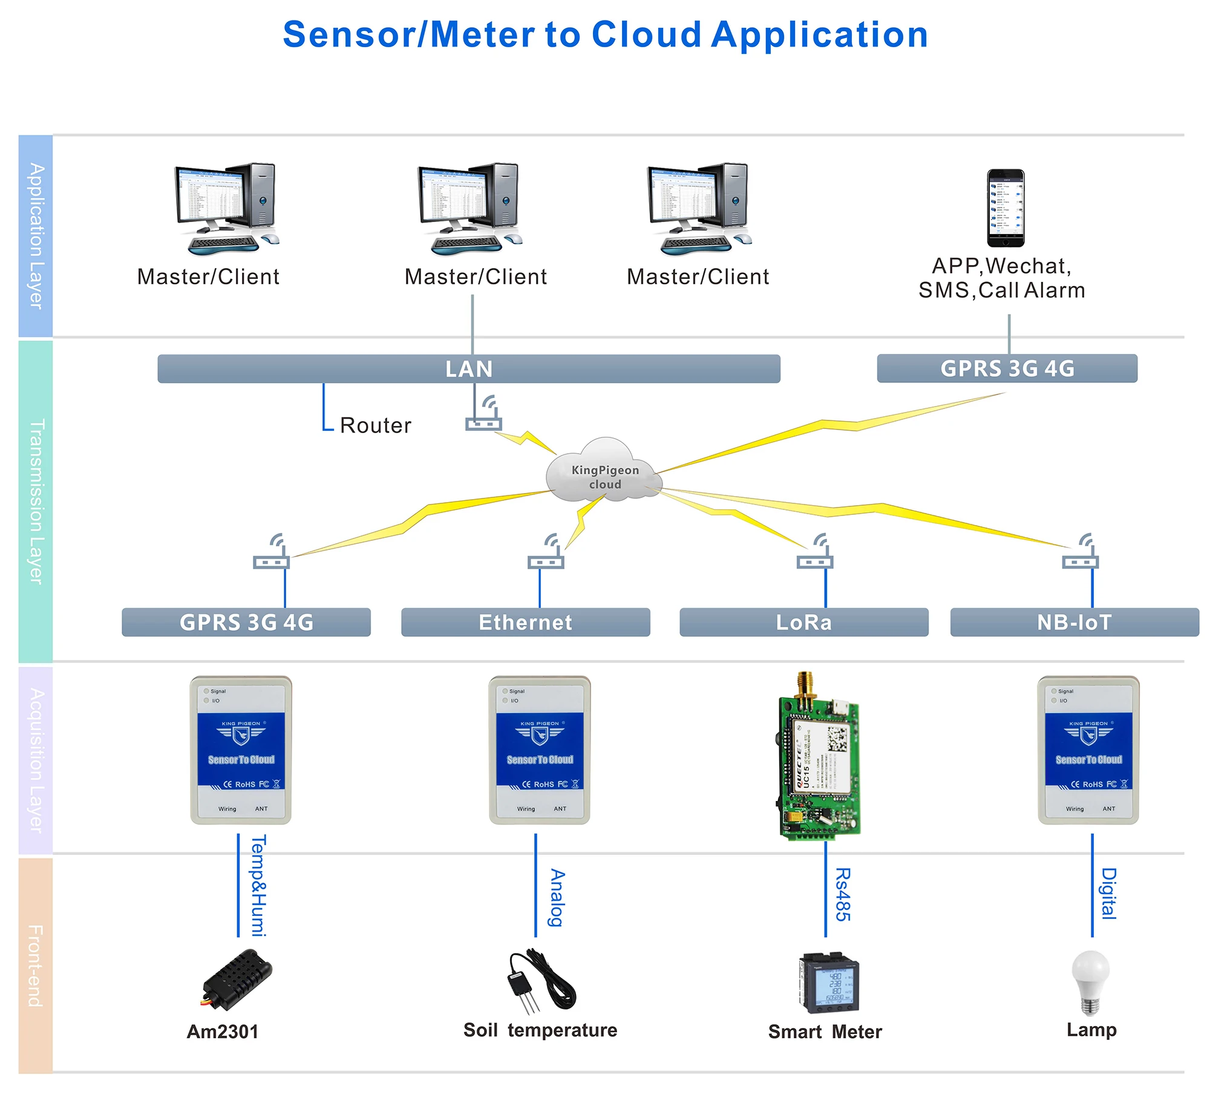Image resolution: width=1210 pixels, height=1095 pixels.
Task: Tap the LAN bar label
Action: pyautogui.click(x=469, y=368)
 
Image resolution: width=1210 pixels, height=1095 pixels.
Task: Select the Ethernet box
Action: pyautogui.click(x=525, y=622)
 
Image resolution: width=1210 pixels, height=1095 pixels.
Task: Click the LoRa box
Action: pyautogui.click(x=803, y=622)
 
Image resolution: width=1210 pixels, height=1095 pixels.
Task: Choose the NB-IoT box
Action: pyautogui.click(x=1074, y=622)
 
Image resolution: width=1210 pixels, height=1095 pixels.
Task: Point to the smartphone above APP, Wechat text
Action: pyautogui.click(x=1006, y=208)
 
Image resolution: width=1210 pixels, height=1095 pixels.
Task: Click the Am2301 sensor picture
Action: pyautogui.click(x=237, y=979)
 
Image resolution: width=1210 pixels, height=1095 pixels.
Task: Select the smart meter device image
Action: pyautogui.click(x=829, y=982)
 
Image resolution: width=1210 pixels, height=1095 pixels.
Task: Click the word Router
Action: pyautogui.click(x=375, y=425)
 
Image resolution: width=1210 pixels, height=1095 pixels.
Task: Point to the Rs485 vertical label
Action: pyautogui.click(x=843, y=894)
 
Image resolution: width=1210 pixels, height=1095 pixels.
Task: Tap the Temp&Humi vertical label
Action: pyautogui.click(x=258, y=886)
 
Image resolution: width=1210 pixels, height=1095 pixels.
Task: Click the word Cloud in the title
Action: pyautogui.click(x=646, y=34)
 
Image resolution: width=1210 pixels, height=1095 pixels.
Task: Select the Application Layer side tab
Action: pyautogui.click(x=36, y=236)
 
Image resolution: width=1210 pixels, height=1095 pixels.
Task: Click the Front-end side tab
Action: pyautogui.click(x=36, y=966)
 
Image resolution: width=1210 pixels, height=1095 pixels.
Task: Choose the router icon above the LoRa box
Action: pyautogui.click(x=815, y=553)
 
